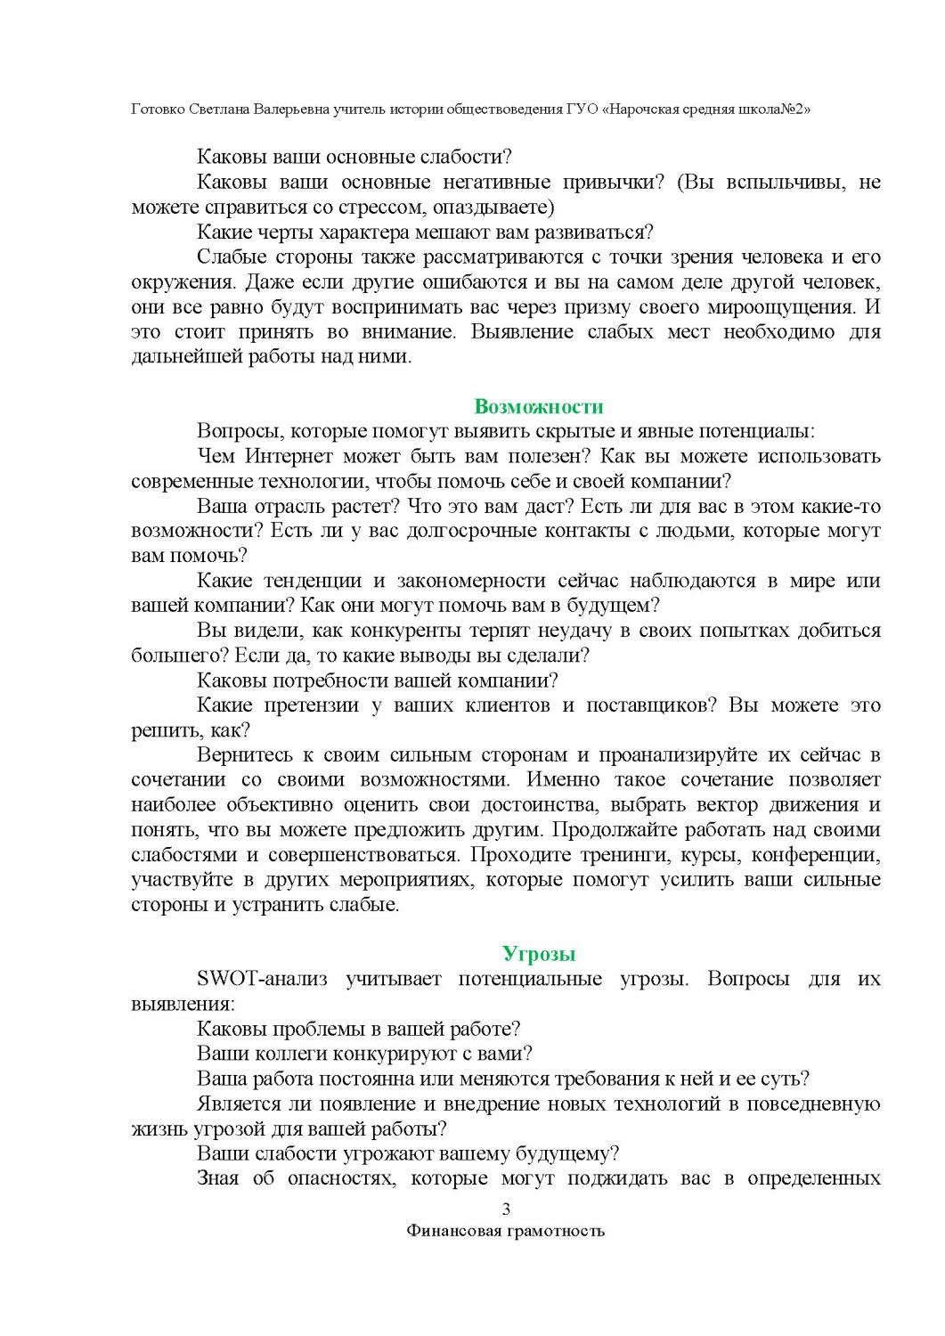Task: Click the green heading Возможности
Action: pyautogui.click(x=539, y=407)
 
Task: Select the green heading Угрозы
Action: pyautogui.click(x=539, y=954)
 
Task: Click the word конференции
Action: pyautogui.click(x=816, y=855)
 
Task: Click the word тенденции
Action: pyautogui.click(x=314, y=582)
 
